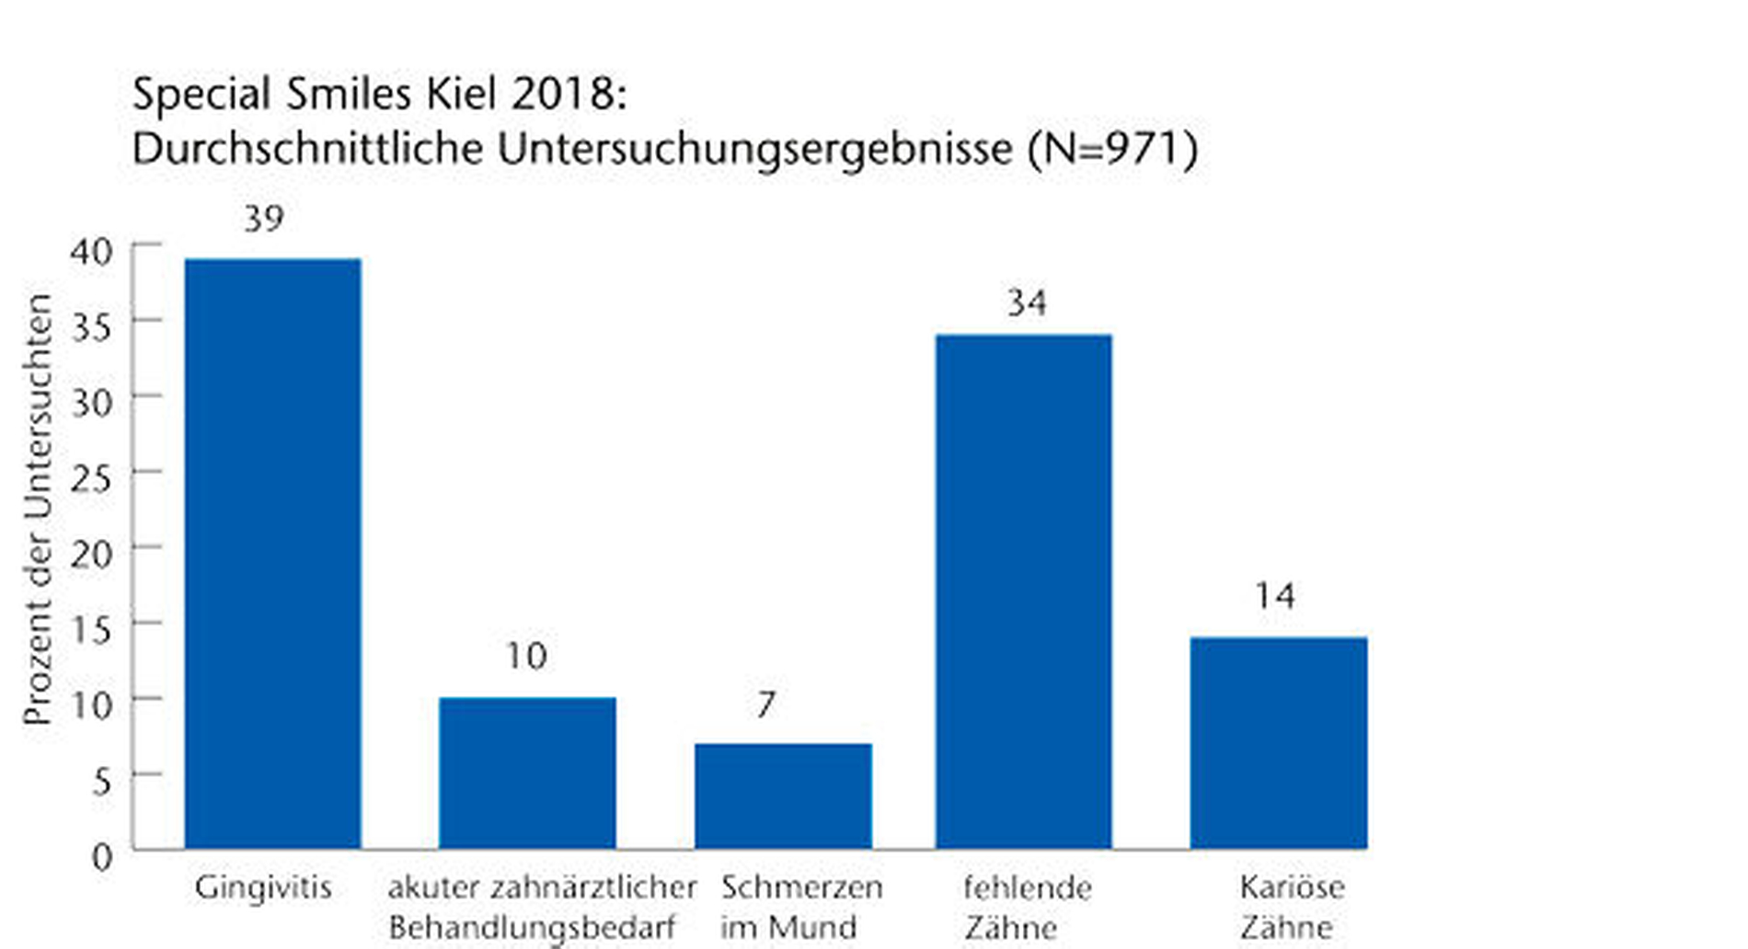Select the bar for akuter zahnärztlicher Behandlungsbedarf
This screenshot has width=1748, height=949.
527,772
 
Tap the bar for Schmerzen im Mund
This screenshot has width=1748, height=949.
783,795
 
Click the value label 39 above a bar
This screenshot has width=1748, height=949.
264,219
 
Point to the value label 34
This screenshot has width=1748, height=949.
1026,303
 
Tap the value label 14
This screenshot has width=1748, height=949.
1275,597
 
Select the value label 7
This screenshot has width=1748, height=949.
766,704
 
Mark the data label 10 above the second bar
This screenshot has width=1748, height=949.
526,657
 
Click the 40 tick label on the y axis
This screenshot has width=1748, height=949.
91,251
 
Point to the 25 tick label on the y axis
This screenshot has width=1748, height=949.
91,478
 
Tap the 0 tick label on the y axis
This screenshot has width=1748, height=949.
102,857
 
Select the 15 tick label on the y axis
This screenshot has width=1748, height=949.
91,630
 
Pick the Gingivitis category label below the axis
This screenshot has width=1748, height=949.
263,887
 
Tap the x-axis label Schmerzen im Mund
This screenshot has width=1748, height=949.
800,907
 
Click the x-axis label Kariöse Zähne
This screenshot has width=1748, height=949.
1291,907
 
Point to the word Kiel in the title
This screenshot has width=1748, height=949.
464,94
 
